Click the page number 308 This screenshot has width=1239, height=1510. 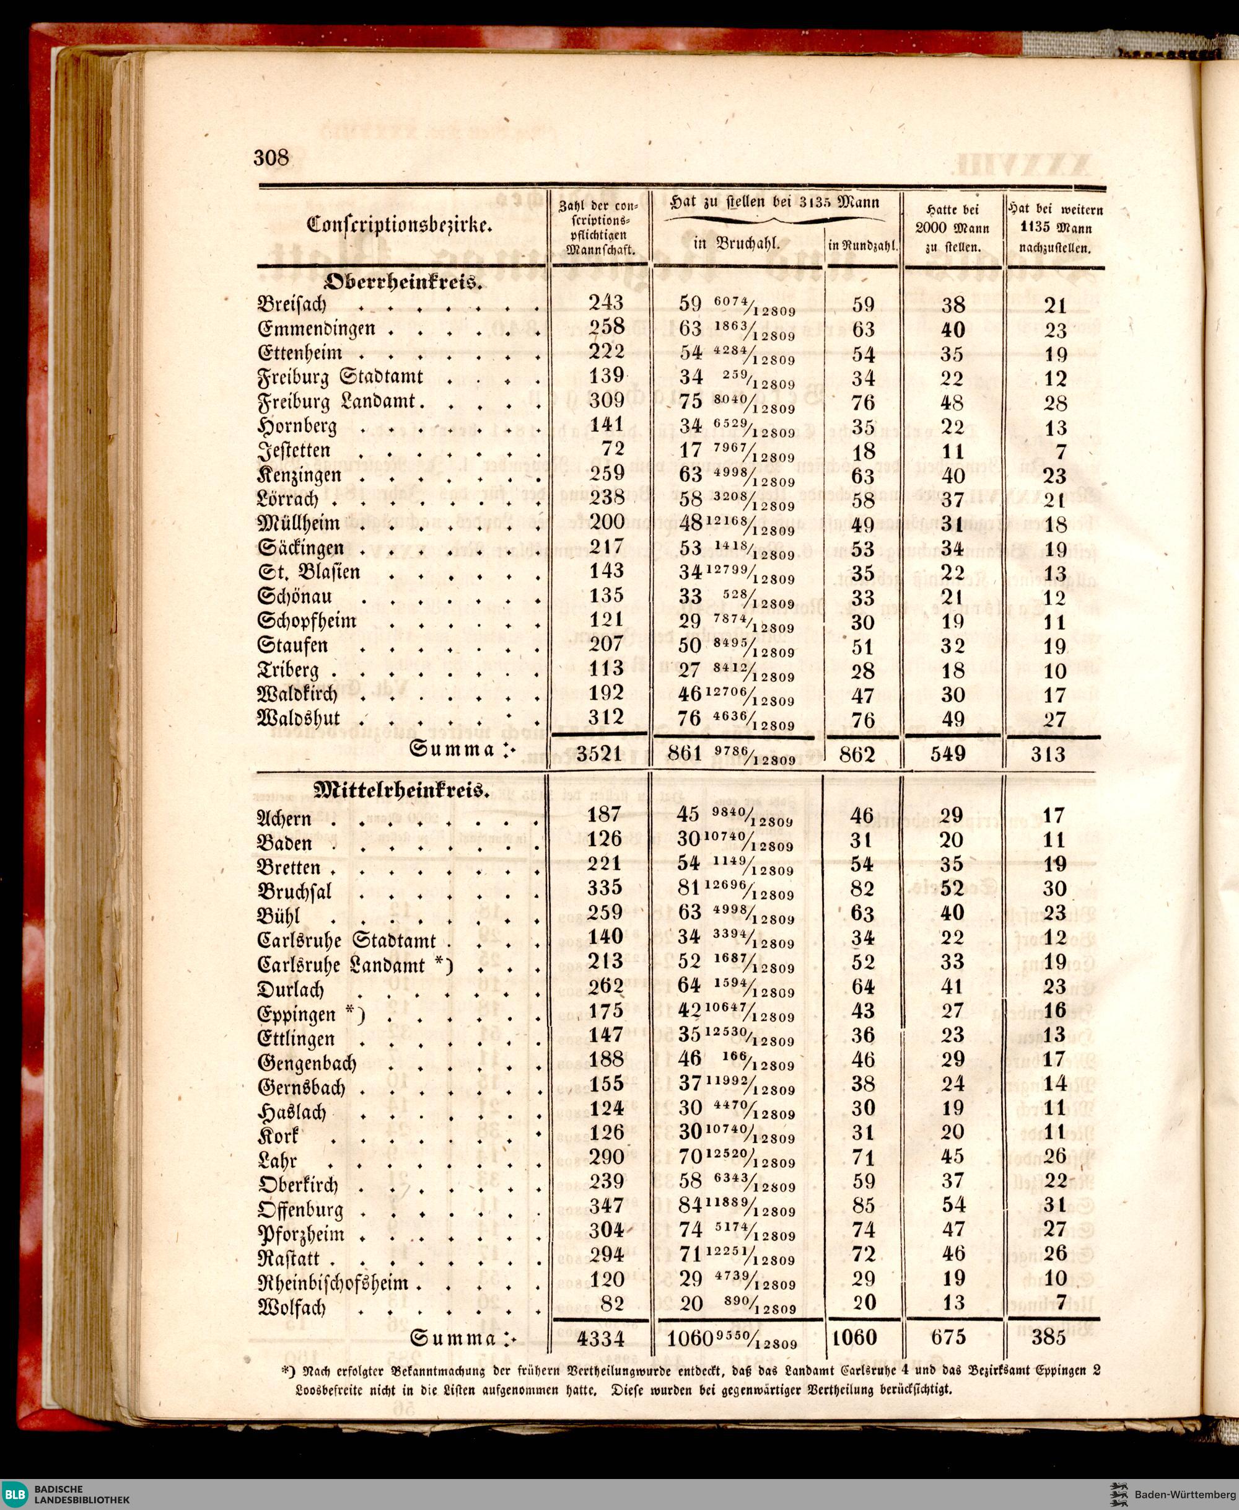click(272, 157)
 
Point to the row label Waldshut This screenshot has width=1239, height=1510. click(299, 718)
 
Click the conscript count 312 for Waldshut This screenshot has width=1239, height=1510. click(606, 717)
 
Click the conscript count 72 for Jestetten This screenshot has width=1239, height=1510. click(613, 449)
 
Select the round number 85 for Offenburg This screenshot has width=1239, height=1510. click(863, 1206)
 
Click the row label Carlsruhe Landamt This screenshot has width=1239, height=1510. click(347, 965)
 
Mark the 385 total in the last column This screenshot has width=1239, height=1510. click(1048, 1337)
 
